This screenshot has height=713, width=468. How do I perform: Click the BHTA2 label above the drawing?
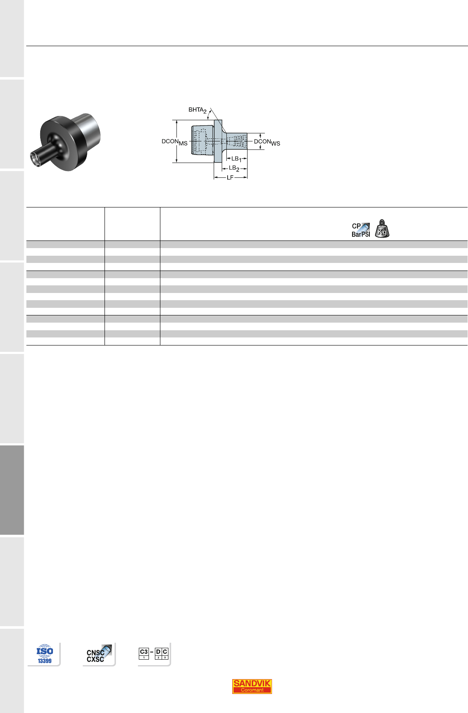click(197, 110)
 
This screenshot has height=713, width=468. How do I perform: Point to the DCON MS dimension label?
click(174, 142)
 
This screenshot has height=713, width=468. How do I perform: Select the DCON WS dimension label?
click(267, 142)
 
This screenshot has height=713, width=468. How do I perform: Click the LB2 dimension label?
click(234, 169)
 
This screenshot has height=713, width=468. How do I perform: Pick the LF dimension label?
click(230, 177)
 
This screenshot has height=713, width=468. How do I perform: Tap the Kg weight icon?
click(382, 229)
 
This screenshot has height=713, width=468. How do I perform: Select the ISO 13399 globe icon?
click(44, 654)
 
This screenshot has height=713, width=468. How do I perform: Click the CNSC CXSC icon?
click(99, 654)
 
